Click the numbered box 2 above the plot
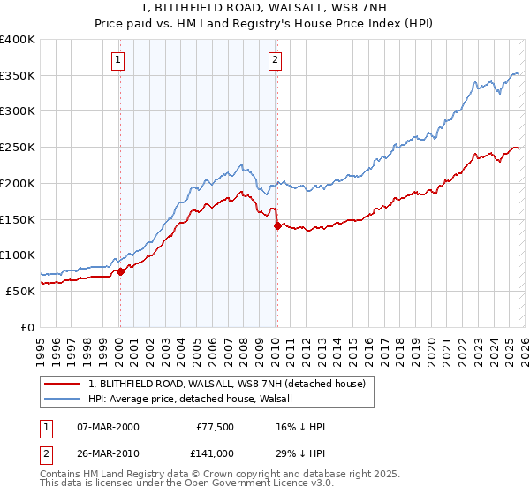click(x=276, y=60)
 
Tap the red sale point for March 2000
click(x=121, y=271)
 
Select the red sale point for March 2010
click(x=277, y=226)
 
